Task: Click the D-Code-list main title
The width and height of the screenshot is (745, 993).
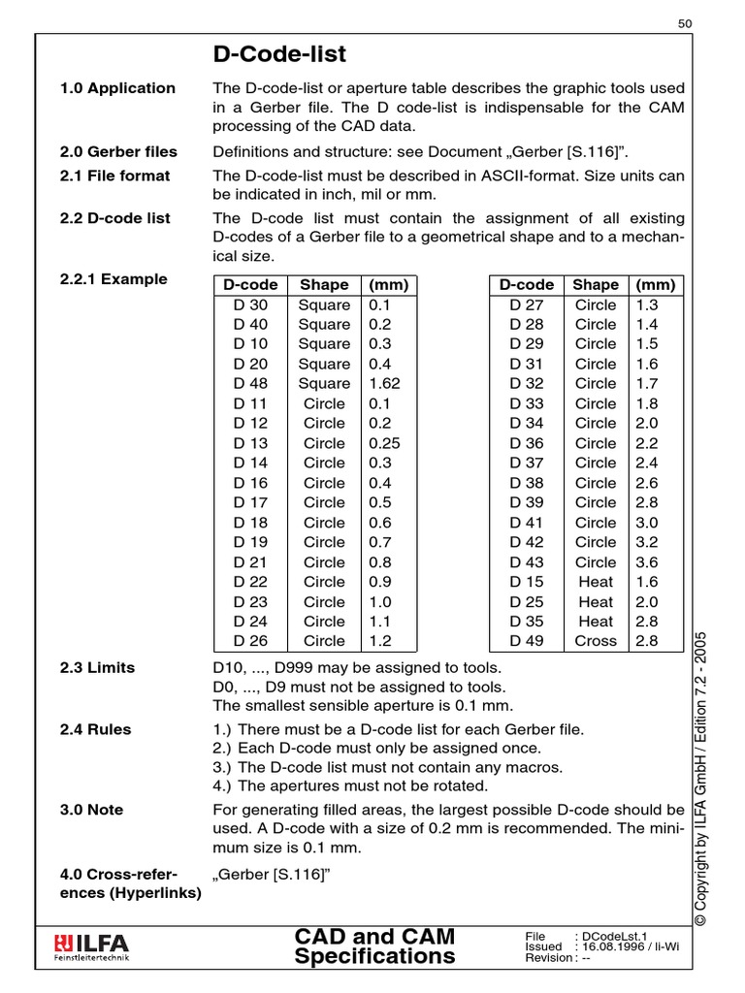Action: [279, 53]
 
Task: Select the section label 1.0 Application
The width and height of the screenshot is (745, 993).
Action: [117, 88]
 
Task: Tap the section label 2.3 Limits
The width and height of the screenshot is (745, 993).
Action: [97, 667]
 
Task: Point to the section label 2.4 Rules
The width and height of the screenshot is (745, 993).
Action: [95, 729]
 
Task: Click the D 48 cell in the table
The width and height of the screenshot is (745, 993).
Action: [250, 384]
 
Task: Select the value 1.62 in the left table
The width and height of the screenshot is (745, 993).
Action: [384, 384]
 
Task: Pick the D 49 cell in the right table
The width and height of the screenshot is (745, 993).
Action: [527, 641]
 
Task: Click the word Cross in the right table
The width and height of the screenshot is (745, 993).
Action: [596, 641]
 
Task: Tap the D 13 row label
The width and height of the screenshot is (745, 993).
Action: [250, 443]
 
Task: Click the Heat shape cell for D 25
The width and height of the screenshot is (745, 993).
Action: [596, 601]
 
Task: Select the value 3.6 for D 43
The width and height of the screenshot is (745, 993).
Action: [646, 562]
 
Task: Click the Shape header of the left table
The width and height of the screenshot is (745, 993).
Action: [324, 285]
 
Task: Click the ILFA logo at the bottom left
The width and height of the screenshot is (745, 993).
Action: [93, 945]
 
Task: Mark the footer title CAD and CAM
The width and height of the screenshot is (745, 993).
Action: [374, 936]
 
